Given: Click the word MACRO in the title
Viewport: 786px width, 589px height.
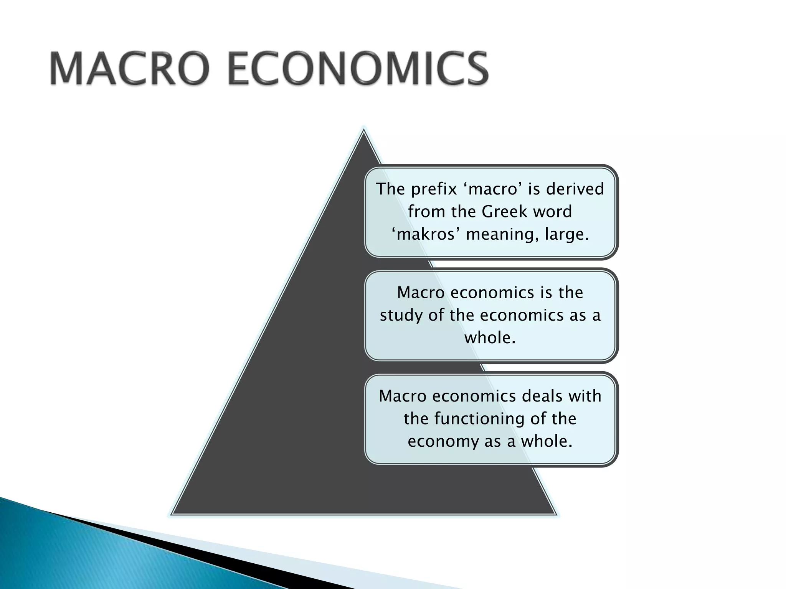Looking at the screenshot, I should click(129, 69).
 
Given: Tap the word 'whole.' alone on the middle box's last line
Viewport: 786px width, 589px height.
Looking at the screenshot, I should click(490, 338).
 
